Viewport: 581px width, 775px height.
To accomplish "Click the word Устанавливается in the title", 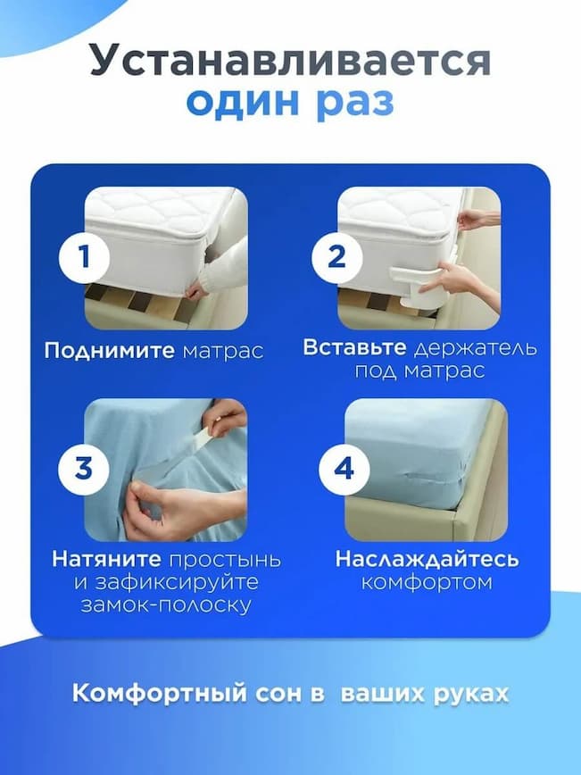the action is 291,61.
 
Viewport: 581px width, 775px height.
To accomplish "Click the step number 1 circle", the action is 85,257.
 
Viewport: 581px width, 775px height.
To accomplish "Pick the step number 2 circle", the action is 337,257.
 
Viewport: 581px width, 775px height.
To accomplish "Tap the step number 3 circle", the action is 84,468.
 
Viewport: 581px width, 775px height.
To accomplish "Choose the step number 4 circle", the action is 344,468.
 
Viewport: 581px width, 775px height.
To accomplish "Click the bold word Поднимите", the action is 109,351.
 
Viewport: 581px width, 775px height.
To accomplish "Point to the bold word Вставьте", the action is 354,347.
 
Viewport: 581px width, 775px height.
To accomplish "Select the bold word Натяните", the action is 107,559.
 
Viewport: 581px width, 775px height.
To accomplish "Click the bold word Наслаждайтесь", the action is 427,559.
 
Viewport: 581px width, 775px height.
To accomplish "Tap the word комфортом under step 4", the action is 427,582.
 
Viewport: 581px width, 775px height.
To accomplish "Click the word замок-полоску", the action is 165,605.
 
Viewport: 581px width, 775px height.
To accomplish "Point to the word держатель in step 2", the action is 475,348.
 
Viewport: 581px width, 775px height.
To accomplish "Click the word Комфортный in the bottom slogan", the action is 160,693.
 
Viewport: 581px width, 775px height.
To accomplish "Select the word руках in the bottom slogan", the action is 470,694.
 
